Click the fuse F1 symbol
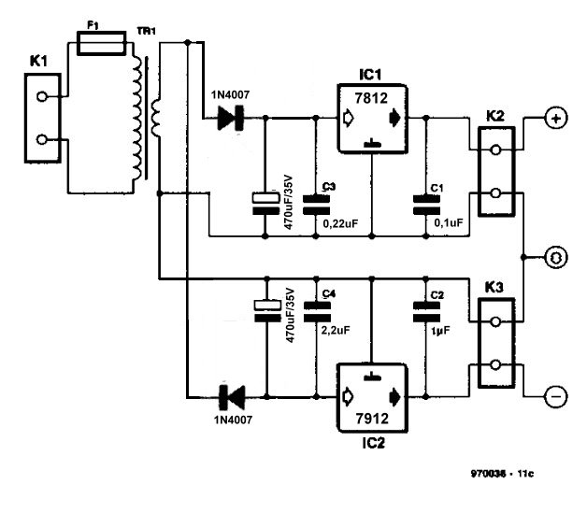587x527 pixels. (101, 43)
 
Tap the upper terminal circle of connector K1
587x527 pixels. (42, 96)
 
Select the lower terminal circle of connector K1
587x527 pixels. (42, 139)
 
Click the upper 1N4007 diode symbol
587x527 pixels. (231, 119)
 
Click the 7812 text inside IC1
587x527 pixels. (371, 98)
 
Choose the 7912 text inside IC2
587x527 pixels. (372, 418)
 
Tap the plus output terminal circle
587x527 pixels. (557, 119)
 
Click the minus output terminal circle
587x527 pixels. (557, 397)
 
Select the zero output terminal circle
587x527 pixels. (557, 258)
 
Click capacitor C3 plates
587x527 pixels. (316, 205)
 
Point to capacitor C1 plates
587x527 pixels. (426, 205)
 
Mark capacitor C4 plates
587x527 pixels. (317, 312)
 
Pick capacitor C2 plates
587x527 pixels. (426, 312)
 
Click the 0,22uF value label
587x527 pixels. (340, 224)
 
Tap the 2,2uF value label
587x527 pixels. (336, 330)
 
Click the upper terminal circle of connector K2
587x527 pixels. (495, 150)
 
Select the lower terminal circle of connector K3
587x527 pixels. (495, 365)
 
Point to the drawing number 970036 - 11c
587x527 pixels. (502, 474)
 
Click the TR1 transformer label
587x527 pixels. (147, 31)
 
